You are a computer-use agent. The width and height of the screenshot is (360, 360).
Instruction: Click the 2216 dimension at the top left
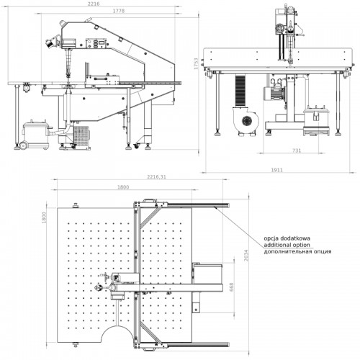[x=94, y=4]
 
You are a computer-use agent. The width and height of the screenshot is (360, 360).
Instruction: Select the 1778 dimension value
[x=119, y=11]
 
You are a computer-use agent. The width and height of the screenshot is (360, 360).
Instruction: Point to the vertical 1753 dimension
[x=197, y=63]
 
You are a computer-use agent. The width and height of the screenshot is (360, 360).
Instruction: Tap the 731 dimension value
[x=297, y=150]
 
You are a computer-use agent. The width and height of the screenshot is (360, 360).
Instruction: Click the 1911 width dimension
[x=276, y=170]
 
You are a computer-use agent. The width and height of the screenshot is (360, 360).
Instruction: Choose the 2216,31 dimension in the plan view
[x=156, y=177]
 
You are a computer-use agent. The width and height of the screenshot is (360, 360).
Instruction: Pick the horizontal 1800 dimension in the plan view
[x=123, y=187]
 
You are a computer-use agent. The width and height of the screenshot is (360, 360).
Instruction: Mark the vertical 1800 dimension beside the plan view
[x=44, y=217]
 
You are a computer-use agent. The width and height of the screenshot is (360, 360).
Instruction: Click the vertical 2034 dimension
[x=246, y=256]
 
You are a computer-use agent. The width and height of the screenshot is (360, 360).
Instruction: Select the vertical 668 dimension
[x=231, y=287]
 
